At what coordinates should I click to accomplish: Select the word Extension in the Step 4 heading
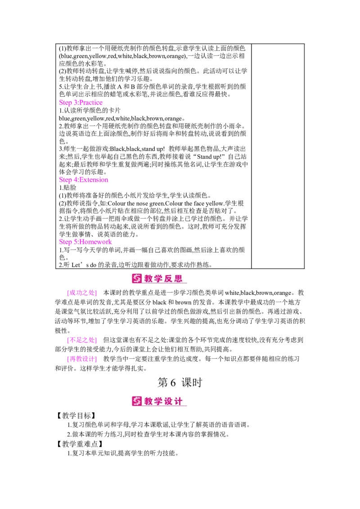[97, 180]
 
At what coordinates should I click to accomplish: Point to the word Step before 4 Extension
[65, 180]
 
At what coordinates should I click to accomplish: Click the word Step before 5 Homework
[65, 241]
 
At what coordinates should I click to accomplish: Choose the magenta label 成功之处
[81, 294]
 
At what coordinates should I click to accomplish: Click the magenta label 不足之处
[81, 340]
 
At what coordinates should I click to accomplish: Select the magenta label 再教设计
[81, 359]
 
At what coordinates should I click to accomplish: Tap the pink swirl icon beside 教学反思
[137, 278]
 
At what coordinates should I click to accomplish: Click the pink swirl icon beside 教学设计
[137, 401]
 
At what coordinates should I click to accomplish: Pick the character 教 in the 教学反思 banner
[149, 278]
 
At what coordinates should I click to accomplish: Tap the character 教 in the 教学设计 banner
[149, 401]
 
